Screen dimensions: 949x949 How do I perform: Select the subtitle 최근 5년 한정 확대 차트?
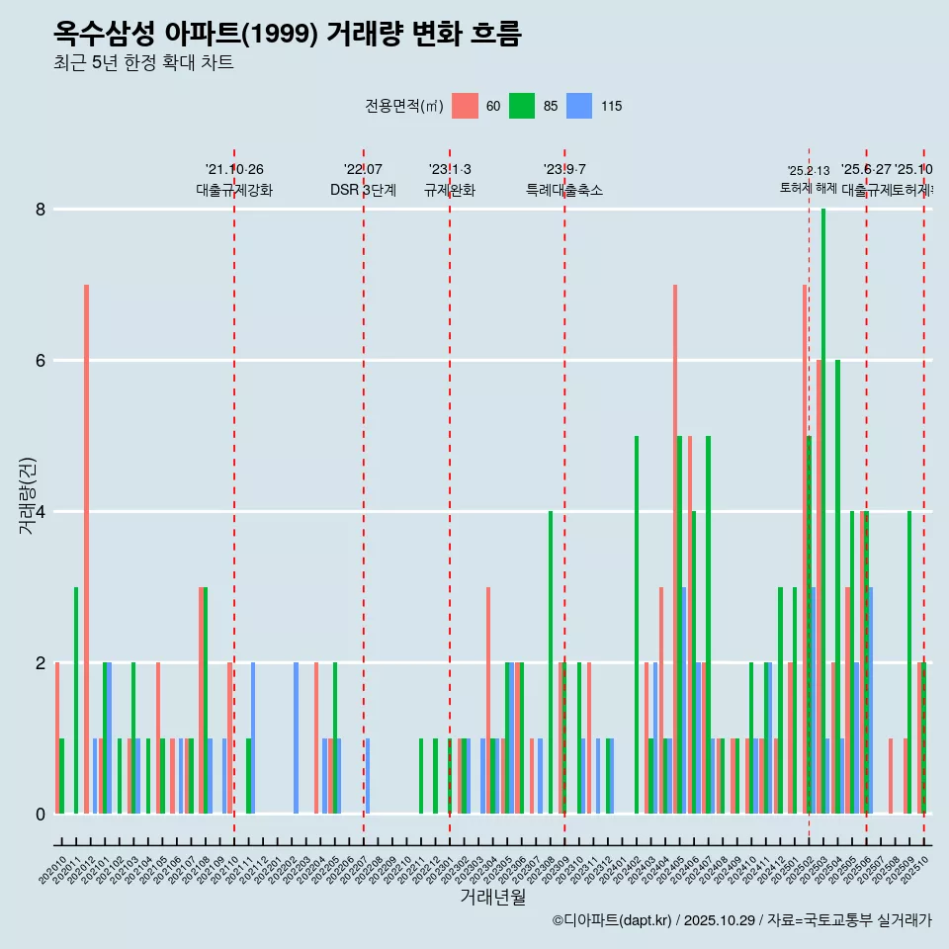pyautogui.click(x=143, y=63)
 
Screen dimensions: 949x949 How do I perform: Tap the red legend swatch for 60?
pyautogui.click(x=465, y=106)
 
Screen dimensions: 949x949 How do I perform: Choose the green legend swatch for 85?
pyautogui.click(x=522, y=106)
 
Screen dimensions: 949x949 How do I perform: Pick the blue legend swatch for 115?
pyautogui.click(x=579, y=106)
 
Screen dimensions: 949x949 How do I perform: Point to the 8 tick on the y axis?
pyautogui.click(x=41, y=210)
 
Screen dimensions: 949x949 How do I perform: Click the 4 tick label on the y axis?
pyautogui.click(x=41, y=512)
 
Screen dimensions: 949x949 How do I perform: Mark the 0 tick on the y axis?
pyautogui.click(x=41, y=815)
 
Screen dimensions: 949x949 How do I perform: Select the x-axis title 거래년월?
pyautogui.click(x=492, y=897)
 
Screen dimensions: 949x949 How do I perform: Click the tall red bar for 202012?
pyautogui.click(x=87, y=549)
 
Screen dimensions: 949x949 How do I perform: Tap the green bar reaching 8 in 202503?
pyautogui.click(x=823, y=511)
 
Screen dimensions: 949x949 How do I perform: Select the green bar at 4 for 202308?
pyautogui.click(x=551, y=662)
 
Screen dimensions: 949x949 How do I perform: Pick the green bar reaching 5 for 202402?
pyautogui.click(x=637, y=625)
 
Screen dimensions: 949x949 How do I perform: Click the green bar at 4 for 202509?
pyautogui.click(x=909, y=662)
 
